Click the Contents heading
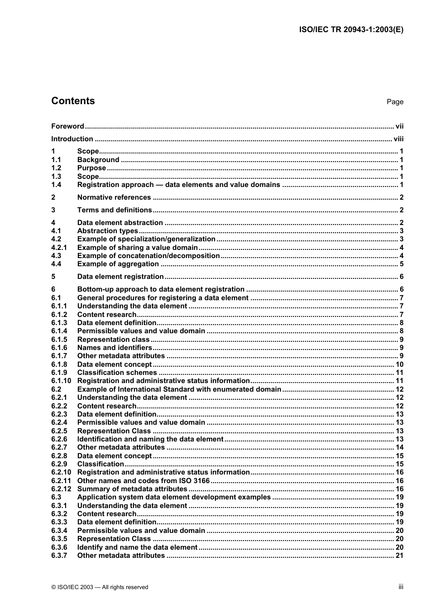73,101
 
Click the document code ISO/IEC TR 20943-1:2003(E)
351,30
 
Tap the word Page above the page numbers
395,102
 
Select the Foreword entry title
67,126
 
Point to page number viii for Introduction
398,139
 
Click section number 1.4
56,185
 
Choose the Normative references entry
114,197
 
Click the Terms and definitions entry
115,210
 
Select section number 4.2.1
59,248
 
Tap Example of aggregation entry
118,264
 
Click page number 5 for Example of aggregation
401,264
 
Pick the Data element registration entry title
120,277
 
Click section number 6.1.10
61,381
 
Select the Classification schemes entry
117,373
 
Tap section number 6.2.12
61,489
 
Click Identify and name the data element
137,547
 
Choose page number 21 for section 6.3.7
399,556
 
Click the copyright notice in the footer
100,587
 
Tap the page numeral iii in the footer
401,587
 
